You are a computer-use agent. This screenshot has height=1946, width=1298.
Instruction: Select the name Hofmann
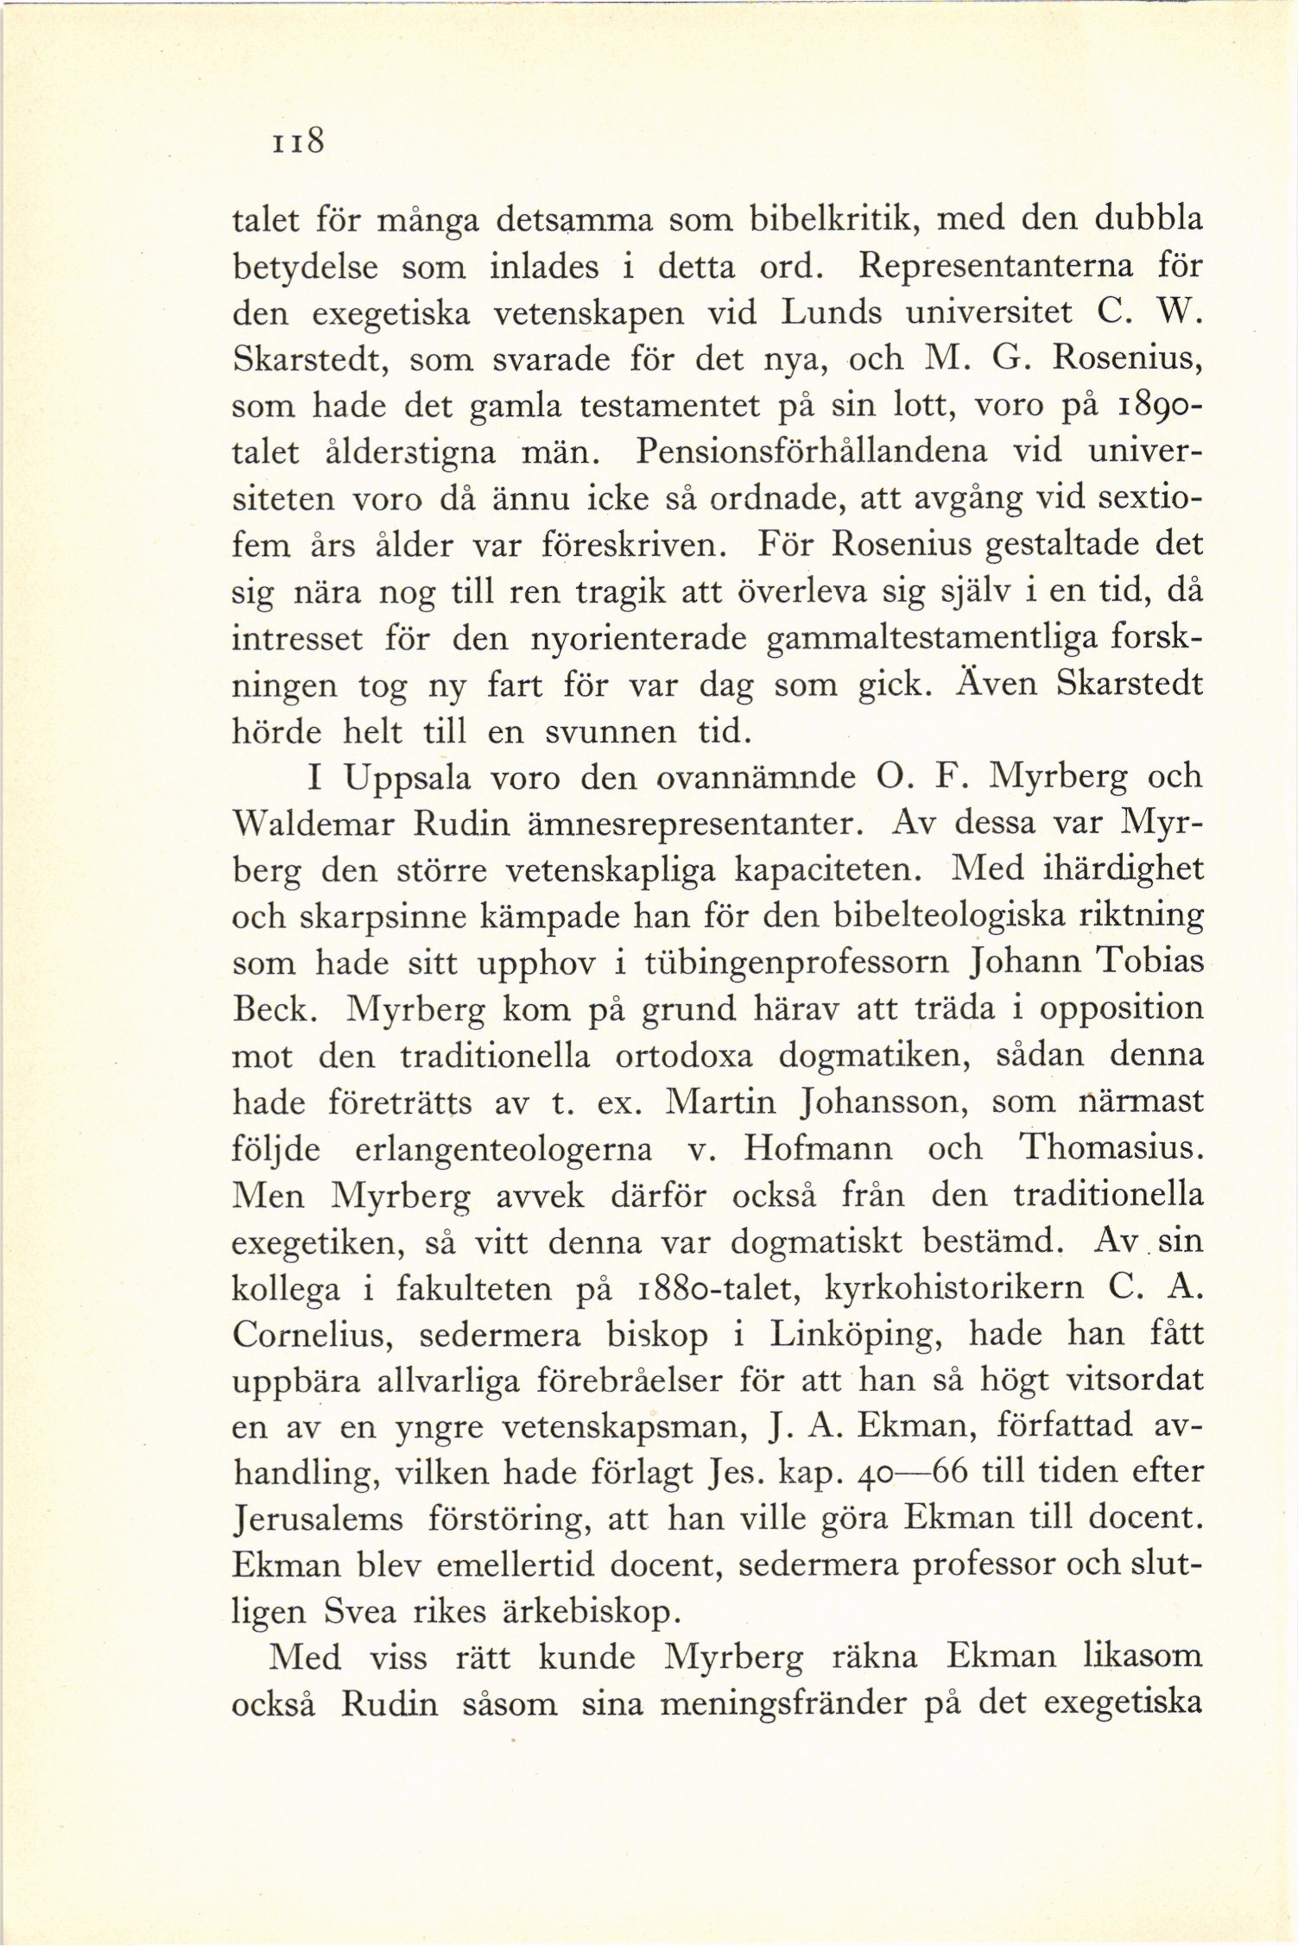pyautogui.click(x=818, y=1147)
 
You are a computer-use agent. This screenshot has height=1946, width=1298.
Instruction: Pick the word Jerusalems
pyautogui.click(x=318, y=1520)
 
